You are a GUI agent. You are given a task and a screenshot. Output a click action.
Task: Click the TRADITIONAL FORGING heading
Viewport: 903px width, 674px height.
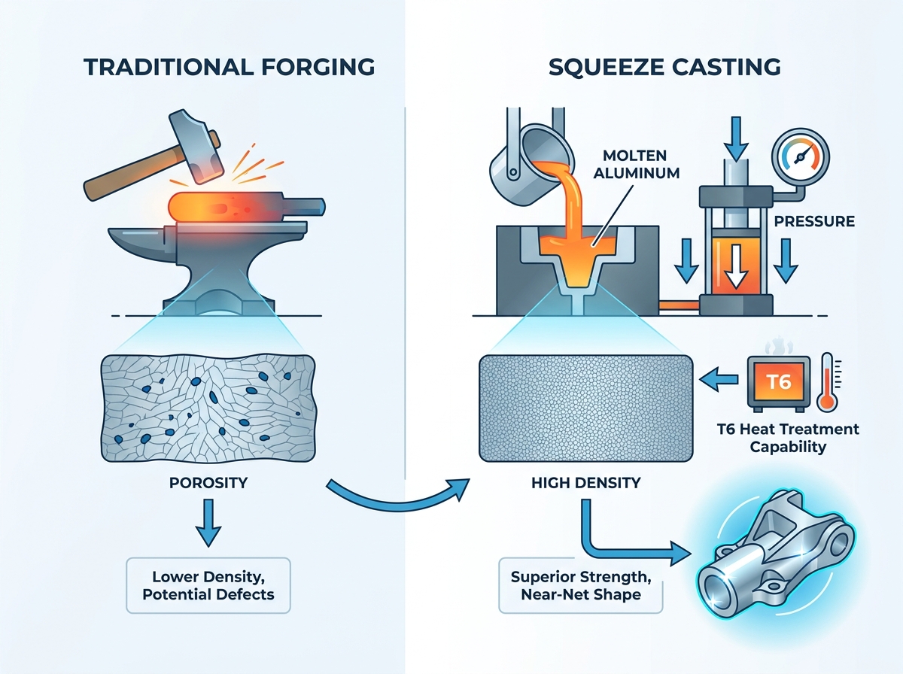(230, 67)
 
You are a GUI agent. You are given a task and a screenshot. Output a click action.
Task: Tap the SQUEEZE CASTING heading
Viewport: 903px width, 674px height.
(664, 67)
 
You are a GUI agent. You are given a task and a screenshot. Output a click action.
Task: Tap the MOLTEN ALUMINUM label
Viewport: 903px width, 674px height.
(637, 164)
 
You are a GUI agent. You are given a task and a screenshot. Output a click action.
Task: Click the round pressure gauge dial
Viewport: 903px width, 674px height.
(800, 156)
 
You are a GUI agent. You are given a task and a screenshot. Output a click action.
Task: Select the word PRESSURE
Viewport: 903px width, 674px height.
(814, 222)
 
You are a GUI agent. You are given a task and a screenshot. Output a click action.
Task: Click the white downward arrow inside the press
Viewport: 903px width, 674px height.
(736, 266)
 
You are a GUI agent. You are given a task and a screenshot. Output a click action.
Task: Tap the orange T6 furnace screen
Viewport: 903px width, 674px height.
(779, 382)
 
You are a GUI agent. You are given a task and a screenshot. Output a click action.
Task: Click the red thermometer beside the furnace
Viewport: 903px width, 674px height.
(827, 382)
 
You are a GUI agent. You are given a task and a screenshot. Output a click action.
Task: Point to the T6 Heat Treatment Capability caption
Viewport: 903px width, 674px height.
(788, 438)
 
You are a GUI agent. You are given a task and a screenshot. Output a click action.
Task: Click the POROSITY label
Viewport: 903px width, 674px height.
(208, 482)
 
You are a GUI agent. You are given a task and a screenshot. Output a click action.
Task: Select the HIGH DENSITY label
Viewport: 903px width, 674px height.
(585, 482)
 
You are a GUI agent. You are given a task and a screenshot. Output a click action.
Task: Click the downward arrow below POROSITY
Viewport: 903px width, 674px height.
(208, 523)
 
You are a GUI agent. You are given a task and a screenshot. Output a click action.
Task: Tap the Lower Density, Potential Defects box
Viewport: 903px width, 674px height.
(208, 585)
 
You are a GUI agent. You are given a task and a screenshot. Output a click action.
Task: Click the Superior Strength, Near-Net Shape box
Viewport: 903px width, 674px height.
(581, 585)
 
